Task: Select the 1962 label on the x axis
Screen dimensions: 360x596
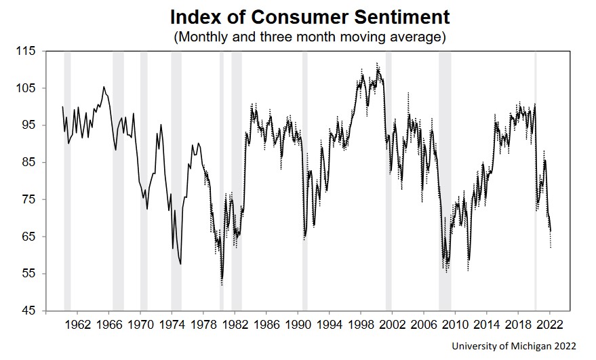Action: point(78,325)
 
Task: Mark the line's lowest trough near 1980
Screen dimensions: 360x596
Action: point(222,284)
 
